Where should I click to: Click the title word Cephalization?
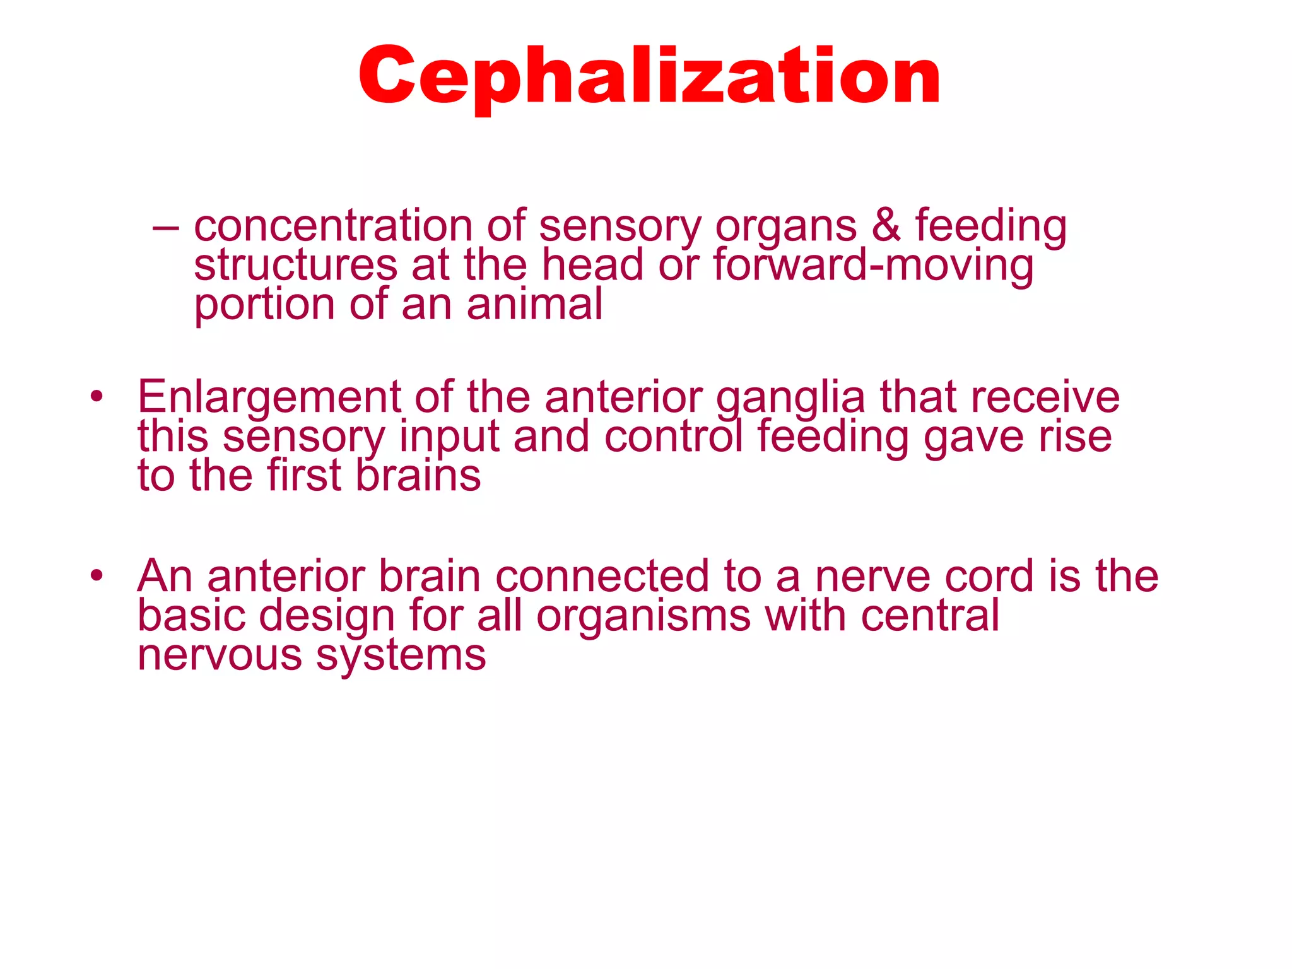point(650,77)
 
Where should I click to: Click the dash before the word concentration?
point(165,227)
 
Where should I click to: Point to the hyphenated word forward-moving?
point(874,266)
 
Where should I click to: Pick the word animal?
point(534,305)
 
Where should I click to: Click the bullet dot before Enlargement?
point(96,397)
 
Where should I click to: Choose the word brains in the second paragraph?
point(418,476)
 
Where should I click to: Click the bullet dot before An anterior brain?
point(96,576)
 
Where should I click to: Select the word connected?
point(602,576)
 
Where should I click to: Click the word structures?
point(295,266)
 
